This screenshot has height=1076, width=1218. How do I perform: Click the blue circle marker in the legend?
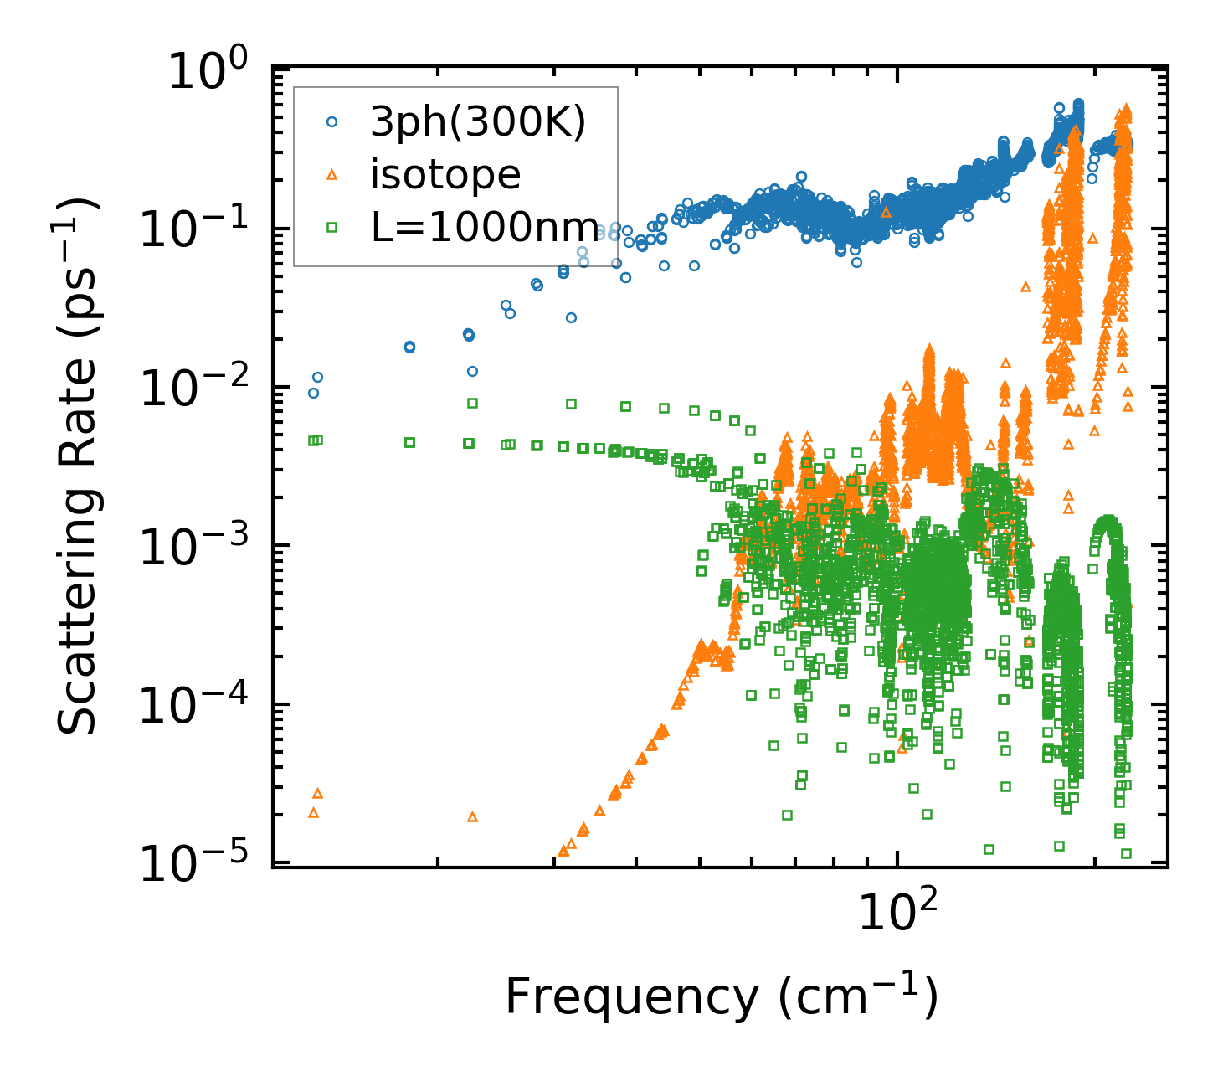point(331,121)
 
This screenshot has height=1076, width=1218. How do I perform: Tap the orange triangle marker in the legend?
point(331,174)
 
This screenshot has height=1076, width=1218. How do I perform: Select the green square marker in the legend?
point(331,227)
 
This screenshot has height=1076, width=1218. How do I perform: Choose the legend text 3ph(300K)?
point(478,122)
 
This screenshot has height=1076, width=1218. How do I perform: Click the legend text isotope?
point(445,174)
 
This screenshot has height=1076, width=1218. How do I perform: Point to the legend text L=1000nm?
point(485,227)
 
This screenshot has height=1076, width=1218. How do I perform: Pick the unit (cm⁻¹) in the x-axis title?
point(858,996)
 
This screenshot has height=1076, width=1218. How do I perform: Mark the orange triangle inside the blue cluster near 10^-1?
point(887,212)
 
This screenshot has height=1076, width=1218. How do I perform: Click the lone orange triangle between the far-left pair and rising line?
point(472,816)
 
